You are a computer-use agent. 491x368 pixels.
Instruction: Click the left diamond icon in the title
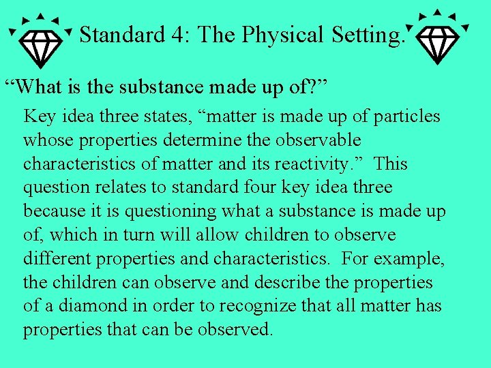pos(40,37)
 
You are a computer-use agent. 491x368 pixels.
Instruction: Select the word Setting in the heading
pos(368,34)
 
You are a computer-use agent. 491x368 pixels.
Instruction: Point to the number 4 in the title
pos(178,34)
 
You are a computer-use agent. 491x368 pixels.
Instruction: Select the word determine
pos(193,140)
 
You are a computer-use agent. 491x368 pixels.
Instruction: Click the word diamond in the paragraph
pos(83,307)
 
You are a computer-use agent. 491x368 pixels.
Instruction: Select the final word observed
pos(236,331)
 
